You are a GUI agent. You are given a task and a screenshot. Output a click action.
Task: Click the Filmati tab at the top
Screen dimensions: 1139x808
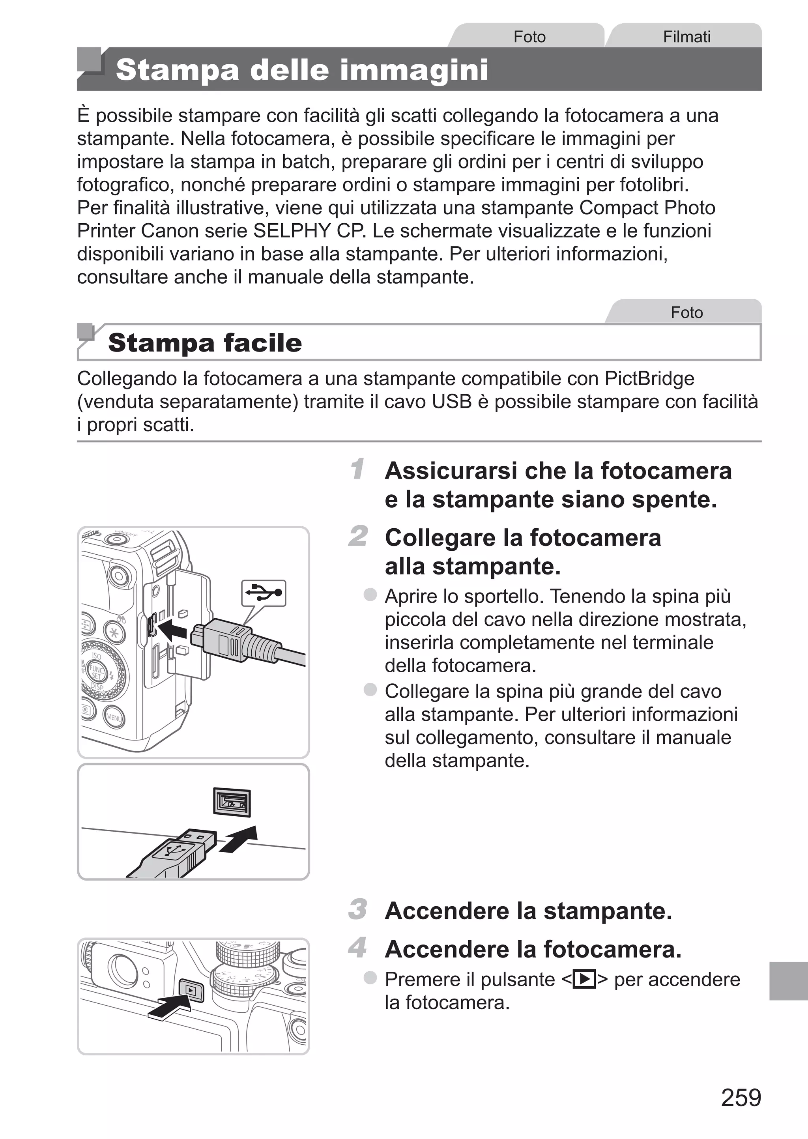point(686,36)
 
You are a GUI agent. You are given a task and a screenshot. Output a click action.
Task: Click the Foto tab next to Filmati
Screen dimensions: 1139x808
point(529,36)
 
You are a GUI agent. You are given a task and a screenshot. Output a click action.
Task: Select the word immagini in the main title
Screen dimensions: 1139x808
point(413,69)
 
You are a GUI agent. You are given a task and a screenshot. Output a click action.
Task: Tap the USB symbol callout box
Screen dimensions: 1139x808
point(264,593)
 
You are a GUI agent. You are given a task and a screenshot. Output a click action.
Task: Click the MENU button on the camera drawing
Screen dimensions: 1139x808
point(114,718)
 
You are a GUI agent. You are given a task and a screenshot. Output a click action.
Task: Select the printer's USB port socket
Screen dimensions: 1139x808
point(232,802)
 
